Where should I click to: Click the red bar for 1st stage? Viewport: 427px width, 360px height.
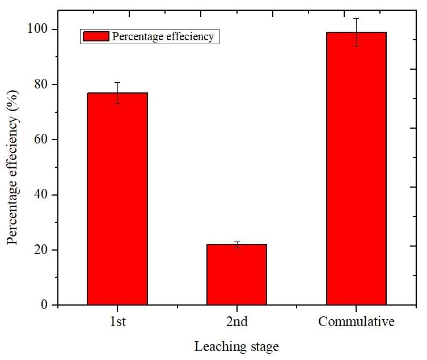coord(117,198)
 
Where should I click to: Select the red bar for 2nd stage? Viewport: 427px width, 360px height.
coord(236,274)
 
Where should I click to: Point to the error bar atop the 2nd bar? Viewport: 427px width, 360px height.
coord(236,244)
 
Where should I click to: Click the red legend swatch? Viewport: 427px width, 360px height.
coord(96,37)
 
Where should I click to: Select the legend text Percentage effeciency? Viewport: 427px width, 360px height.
coord(163,37)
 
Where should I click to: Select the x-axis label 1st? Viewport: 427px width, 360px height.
coord(117,322)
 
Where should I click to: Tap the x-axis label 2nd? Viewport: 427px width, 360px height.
coord(236,322)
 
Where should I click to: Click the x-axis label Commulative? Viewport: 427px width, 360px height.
coord(356,322)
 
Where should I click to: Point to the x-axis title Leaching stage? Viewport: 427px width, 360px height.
coord(237,346)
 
